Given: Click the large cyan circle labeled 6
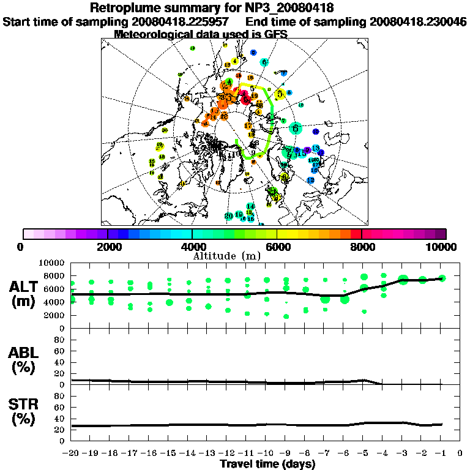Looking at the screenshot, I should click(x=296, y=128).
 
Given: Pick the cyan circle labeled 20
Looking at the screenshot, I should click(x=229, y=216).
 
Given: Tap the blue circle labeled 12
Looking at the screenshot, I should click(x=311, y=181).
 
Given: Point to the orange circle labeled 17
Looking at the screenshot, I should click(x=248, y=126).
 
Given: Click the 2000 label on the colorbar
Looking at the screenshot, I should click(x=108, y=247).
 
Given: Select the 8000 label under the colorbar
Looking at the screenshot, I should click(x=361, y=247).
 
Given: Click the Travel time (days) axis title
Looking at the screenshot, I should click(x=267, y=464).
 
